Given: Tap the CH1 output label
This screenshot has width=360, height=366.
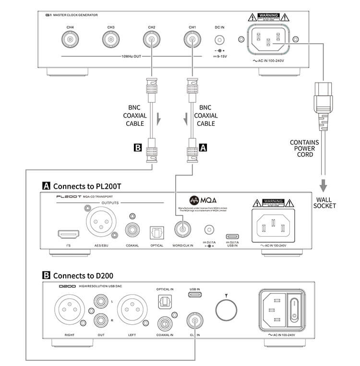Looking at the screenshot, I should (x=192, y=27).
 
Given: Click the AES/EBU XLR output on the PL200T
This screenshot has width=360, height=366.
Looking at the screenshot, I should (x=100, y=222).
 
